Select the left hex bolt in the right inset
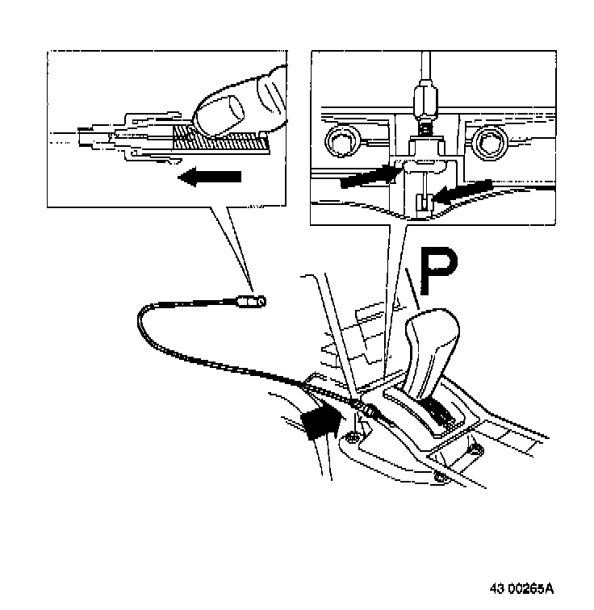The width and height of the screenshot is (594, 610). pos(338,143)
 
